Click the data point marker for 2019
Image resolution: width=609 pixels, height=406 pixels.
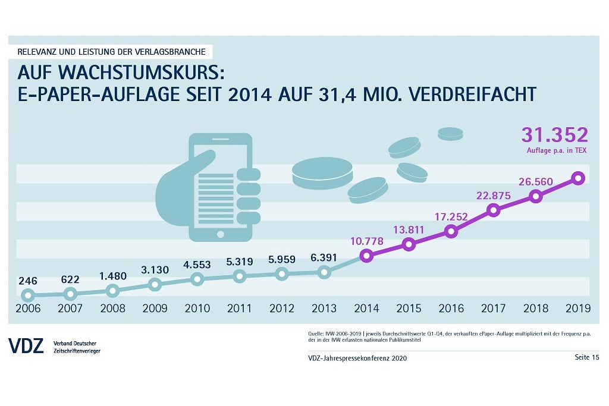click(578, 178)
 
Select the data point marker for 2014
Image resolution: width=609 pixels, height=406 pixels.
click(366, 256)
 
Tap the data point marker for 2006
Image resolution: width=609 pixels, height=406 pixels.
click(27, 295)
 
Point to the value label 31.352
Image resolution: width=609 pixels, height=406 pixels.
click(554, 135)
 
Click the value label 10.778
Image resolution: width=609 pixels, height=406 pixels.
click(366, 241)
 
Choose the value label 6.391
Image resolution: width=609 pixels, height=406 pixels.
click(324, 258)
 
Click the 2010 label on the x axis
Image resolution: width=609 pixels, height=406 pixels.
click(197, 309)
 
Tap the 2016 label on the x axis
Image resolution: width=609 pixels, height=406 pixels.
click(451, 309)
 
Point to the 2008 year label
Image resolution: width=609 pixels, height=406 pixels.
click(112, 309)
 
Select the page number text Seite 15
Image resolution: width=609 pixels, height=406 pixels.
click(586, 357)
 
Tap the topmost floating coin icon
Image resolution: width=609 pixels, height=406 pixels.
click(450, 133)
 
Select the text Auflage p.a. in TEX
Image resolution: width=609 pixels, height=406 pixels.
click(557, 151)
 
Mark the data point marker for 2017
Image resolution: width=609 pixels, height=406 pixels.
click(493, 210)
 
